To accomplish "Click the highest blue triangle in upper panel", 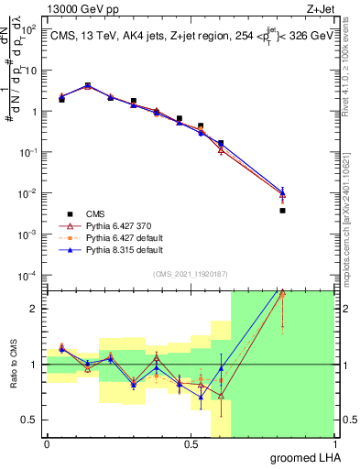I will [88, 85].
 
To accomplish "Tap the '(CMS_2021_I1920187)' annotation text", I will [190, 273].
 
